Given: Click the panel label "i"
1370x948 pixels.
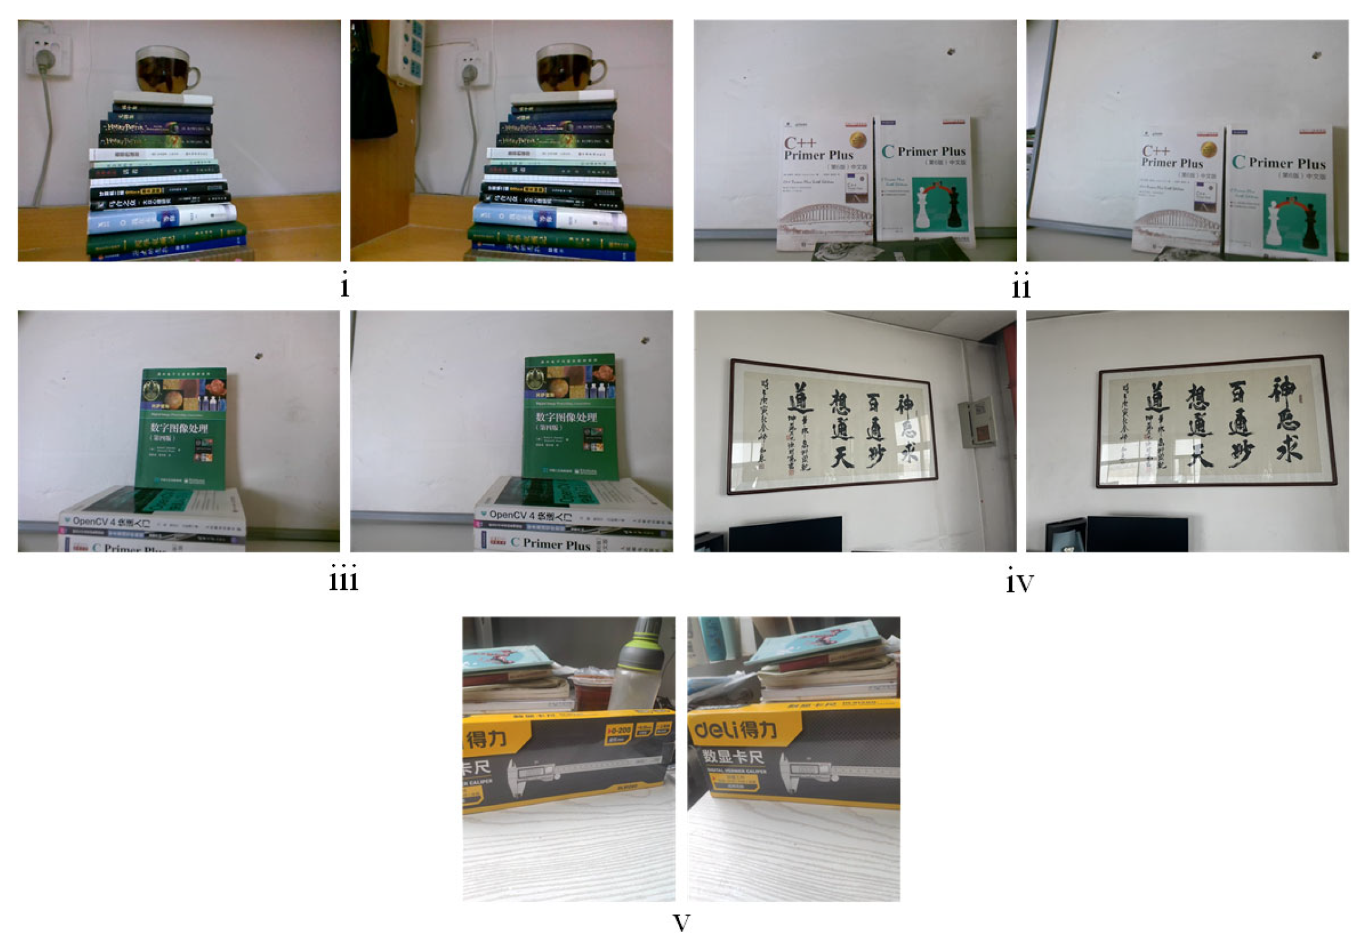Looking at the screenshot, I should [345, 286].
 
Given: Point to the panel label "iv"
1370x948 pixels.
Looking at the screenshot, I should [1019, 582].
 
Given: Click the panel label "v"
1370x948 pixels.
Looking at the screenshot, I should [681, 923].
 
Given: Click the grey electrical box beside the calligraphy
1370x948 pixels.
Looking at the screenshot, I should [977, 422].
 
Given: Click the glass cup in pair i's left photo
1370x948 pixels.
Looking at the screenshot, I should [166, 69].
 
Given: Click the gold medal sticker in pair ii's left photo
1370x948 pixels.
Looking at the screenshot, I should [857, 141].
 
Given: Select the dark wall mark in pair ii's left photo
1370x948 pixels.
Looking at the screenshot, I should [951, 52].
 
